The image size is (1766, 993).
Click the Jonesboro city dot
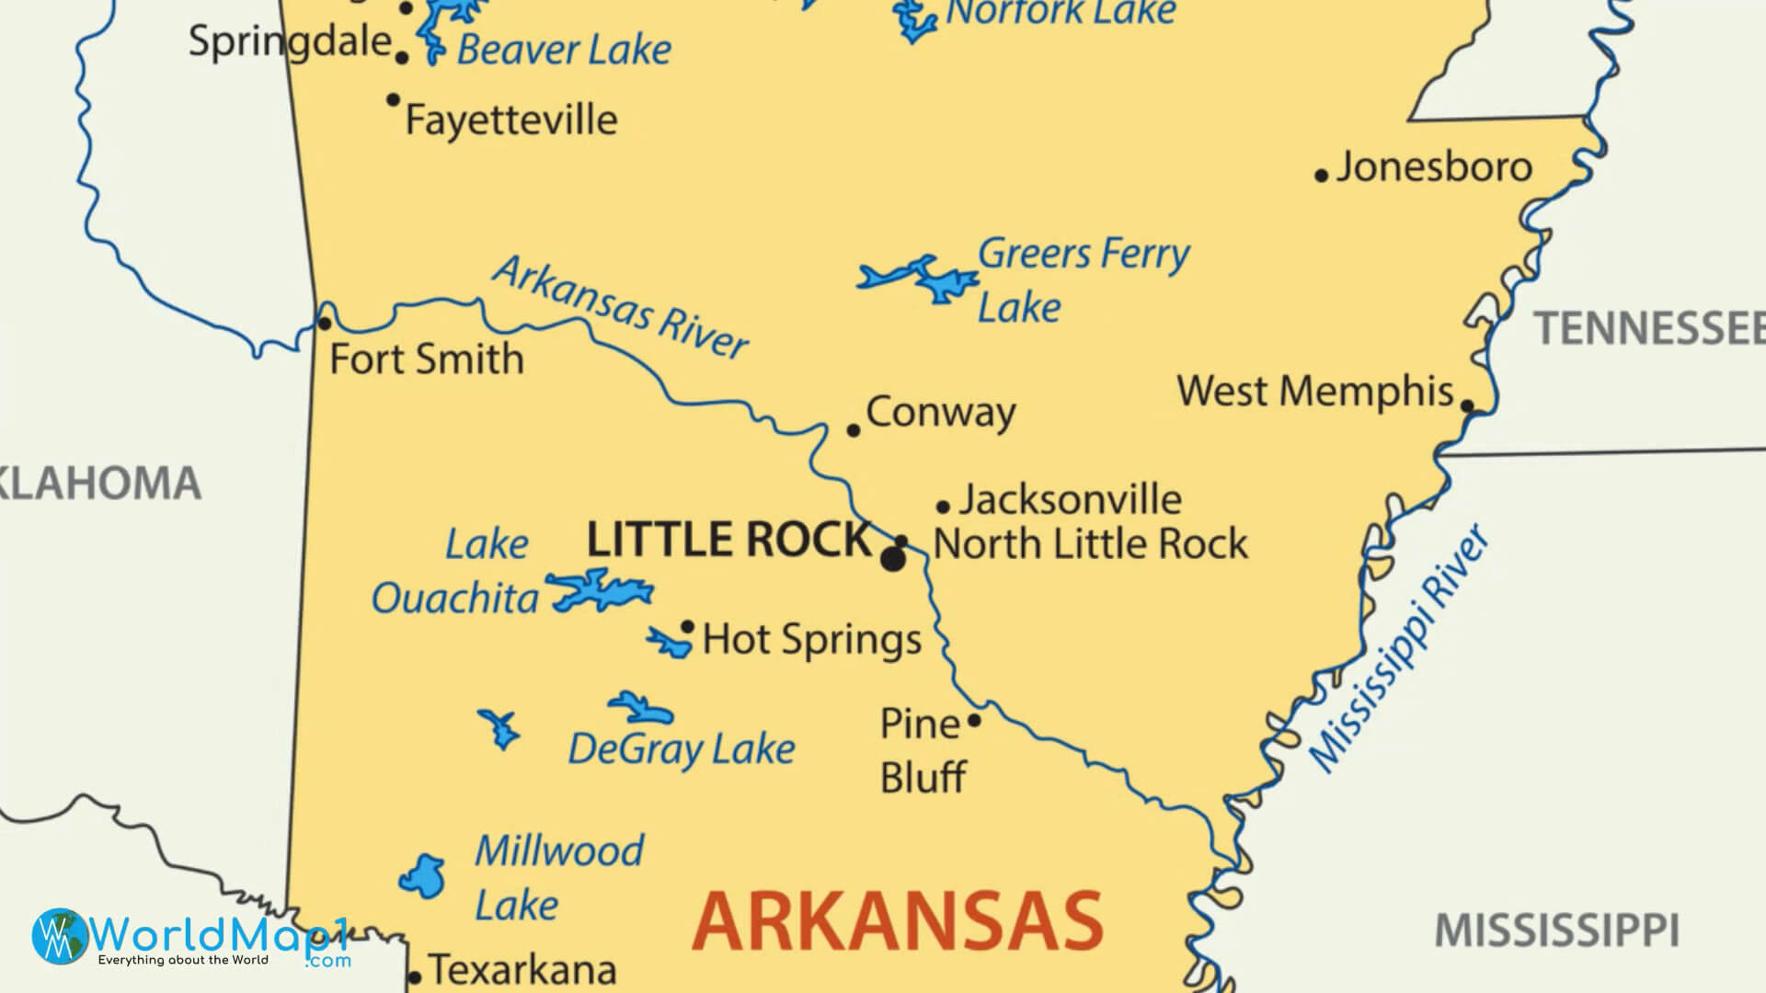[x=1321, y=175]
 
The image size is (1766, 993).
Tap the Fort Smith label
[x=426, y=360]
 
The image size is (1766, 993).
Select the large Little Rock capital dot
[x=892, y=559]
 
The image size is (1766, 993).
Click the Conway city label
[x=940, y=413]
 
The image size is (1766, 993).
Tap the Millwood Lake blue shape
[x=422, y=876]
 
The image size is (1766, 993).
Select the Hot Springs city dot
[x=687, y=626]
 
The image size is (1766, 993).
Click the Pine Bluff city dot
[x=974, y=720]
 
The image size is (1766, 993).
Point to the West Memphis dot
[x=1467, y=405]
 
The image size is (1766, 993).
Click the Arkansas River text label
[x=621, y=309]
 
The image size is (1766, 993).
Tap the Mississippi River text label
[x=1398, y=649]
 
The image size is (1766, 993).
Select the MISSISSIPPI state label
[x=1556, y=930]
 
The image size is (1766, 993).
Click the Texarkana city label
[x=522, y=970]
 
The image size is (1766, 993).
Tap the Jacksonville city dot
[x=943, y=506]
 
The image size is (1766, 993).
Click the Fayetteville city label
[x=511, y=120]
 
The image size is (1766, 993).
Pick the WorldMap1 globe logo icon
[x=60, y=936]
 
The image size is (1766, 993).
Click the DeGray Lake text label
[x=681, y=749]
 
